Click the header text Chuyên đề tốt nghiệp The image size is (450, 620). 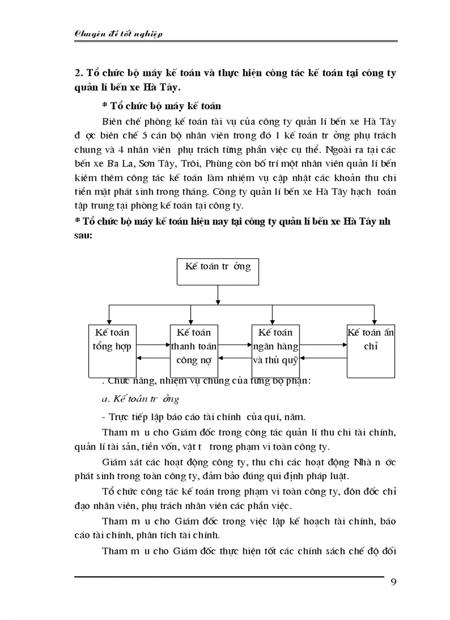(118, 34)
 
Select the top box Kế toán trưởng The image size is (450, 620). (218, 271)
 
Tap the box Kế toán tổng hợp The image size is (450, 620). (113, 351)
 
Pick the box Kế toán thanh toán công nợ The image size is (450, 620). (194, 351)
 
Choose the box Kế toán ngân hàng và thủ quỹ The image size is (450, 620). (275, 351)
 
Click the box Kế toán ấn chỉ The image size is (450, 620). (371, 351)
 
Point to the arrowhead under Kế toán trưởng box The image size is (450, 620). (218, 301)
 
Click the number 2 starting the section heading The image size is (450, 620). (78, 73)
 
